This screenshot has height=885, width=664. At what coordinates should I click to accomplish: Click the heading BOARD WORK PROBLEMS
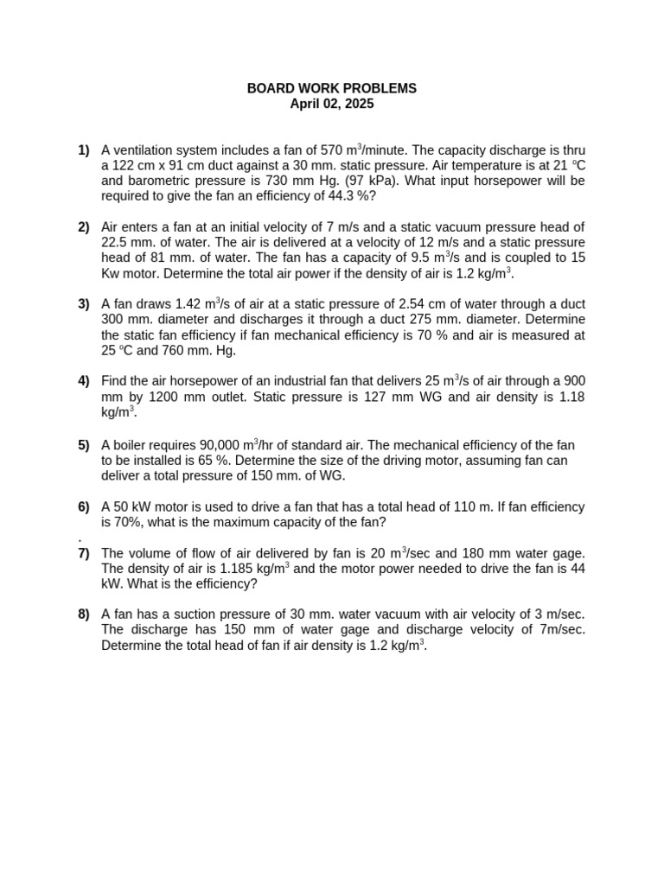pos(332,88)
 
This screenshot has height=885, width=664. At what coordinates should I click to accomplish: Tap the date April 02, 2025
pos(332,104)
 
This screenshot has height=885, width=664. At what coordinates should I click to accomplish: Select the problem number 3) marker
pos(84,303)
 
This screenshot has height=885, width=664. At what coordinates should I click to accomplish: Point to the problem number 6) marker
pos(84,506)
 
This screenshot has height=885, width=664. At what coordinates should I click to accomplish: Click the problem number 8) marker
pos(84,614)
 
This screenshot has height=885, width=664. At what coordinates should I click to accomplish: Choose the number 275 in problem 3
pos(463,319)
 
